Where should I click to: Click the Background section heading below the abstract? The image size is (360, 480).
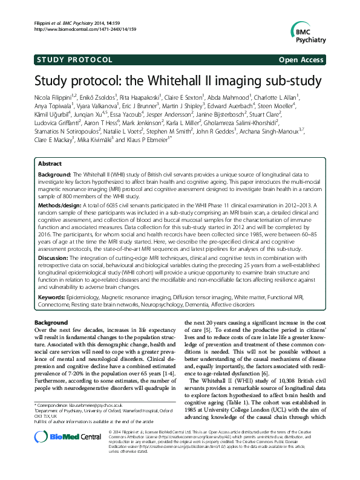coord(51,323)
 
